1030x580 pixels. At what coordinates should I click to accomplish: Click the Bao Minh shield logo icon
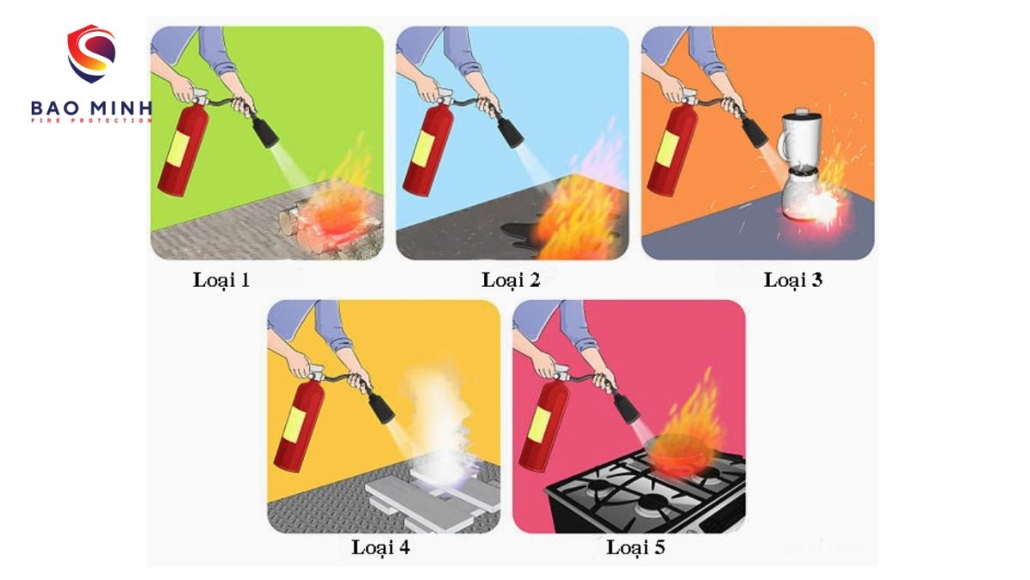click(91, 53)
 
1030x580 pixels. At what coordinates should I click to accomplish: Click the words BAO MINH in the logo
click(90, 109)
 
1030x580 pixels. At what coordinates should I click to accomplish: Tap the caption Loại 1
click(221, 279)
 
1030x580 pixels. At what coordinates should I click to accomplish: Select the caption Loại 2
click(511, 279)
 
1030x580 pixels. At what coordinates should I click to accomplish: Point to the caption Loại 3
click(793, 279)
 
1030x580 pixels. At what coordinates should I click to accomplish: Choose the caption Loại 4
click(380, 546)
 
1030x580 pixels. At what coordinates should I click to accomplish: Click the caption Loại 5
click(635, 546)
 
